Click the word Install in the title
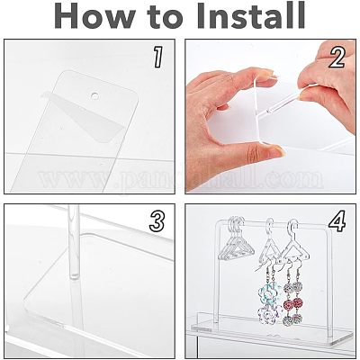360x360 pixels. (x=251, y=16)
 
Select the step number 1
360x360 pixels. (x=158, y=57)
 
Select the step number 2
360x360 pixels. (x=337, y=57)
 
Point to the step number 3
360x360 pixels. (x=157, y=221)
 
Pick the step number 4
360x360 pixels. (x=337, y=221)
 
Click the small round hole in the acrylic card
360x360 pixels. (x=94, y=95)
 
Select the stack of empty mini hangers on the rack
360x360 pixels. (x=236, y=240)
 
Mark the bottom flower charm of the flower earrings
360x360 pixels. (x=265, y=314)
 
